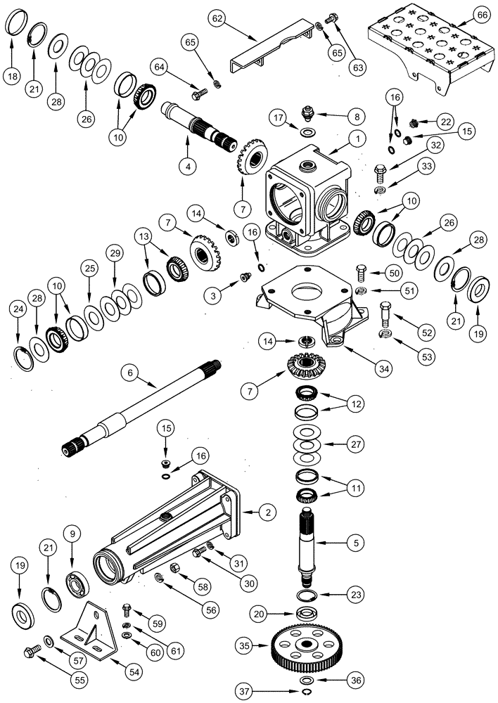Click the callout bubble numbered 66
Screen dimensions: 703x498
[480, 15]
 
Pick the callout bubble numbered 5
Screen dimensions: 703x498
[357, 543]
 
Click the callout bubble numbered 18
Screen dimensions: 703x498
[12, 77]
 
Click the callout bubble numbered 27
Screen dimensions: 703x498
[357, 444]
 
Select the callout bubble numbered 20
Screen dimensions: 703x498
[260, 614]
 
